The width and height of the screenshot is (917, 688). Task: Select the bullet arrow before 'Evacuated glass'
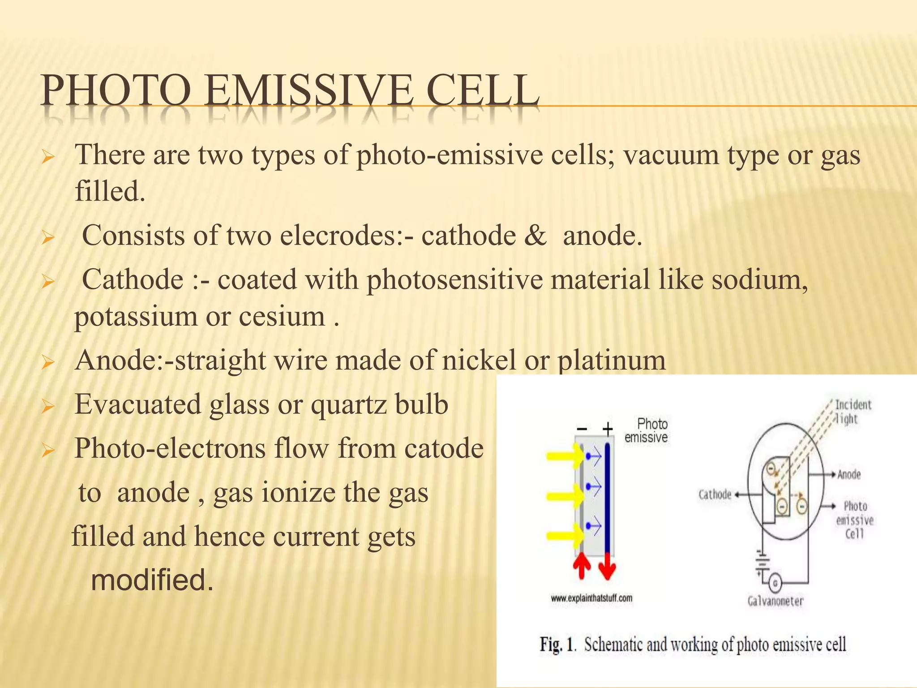(x=47, y=406)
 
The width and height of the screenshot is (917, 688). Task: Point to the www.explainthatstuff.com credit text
(x=591, y=598)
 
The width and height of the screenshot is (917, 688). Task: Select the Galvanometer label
(x=776, y=601)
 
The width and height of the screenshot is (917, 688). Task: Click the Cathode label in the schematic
(x=715, y=494)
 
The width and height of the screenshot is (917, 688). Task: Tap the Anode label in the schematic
(x=849, y=474)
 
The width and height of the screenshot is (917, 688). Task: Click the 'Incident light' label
(x=853, y=412)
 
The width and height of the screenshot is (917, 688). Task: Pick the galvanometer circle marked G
(x=775, y=583)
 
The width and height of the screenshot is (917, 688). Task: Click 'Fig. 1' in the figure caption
(x=557, y=645)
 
